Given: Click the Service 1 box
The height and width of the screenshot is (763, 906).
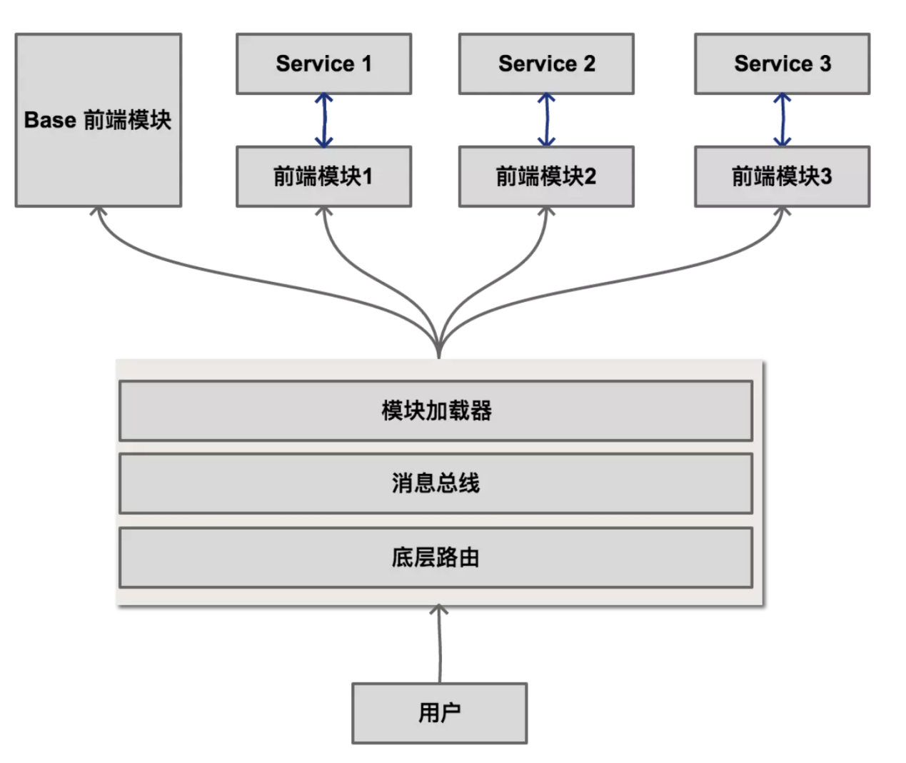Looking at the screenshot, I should (323, 64).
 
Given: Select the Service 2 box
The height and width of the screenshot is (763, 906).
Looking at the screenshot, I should (546, 64).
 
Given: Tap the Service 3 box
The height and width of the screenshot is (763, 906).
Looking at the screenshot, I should (782, 64).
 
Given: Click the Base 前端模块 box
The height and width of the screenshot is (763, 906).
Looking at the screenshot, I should (99, 120).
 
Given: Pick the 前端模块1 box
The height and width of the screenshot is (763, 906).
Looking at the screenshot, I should (323, 176).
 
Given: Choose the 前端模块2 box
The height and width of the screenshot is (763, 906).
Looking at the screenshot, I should (546, 176).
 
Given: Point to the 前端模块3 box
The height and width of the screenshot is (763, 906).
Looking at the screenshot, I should (782, 176).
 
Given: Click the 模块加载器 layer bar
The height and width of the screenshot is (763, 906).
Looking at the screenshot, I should (436, 410).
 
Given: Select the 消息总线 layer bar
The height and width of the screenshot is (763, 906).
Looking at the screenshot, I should (436, 483).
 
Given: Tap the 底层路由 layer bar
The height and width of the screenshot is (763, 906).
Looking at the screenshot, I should (436, 557).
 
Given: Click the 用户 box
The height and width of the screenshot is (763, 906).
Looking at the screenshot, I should (439, 712).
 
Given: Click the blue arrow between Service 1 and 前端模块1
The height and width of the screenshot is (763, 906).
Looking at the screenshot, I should (324, 120).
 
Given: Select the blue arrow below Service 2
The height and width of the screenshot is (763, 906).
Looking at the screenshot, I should (547, 120).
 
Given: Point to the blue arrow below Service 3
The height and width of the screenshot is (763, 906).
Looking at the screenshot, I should (782, 120).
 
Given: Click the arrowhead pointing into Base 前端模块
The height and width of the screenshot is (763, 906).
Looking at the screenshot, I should (99, 211).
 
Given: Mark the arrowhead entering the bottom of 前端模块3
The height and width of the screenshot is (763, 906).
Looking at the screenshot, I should (782, 211).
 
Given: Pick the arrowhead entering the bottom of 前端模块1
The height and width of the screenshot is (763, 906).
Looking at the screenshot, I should (324, 211).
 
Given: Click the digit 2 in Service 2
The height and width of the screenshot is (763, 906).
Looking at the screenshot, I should (589, 64).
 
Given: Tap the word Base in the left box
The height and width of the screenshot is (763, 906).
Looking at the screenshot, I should (50, 120).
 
